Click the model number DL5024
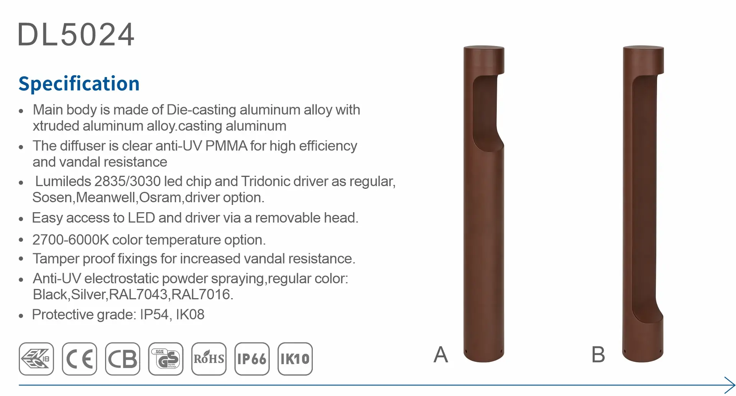tap(76, 35)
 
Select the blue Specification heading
tap(79, 84)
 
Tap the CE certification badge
tap(79, 359)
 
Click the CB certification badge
tap(123, 359)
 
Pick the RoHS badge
tap(209, 359)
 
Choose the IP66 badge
tap(252, 359)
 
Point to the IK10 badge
tap(295, 359)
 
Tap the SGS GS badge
tap(166, 359)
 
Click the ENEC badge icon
tap(36, 359)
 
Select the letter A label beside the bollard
tap(441, 355)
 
